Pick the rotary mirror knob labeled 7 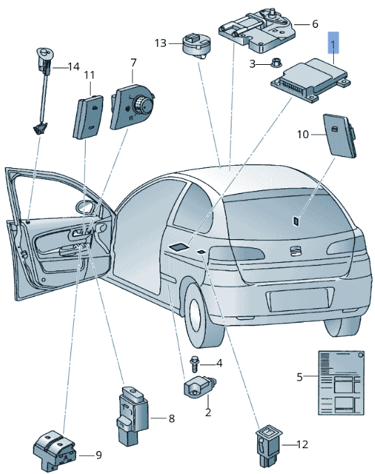pyautogui.click(x=136, y=105)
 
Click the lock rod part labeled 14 pyautogui.click(x=43, y=91)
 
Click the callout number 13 pyautogui.click(x=160, y=43)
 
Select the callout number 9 pyautogui.click(x=98, y=455)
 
